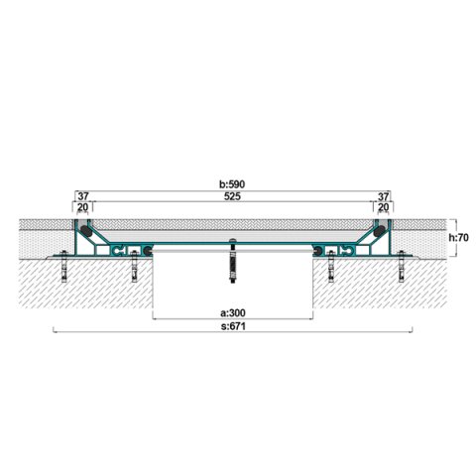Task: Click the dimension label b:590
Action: pos(232,184)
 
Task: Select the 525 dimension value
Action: pos(232,196)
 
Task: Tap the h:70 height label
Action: pos(459,237)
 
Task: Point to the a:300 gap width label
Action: pos(233,312)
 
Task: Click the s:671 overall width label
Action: pos(233,326)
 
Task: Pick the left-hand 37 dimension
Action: pos(83,196)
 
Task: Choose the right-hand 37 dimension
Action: pos(383,196)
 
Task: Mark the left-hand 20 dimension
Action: pos(82,207)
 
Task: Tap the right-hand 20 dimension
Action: pos(383,207)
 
